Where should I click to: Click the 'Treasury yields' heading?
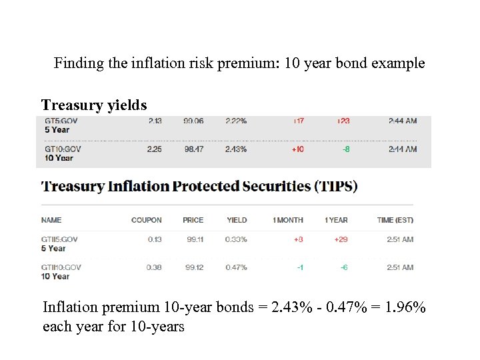[x=93, y=105]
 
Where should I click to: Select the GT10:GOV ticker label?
[x=62, y=149]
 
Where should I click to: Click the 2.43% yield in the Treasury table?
[x=235, y=149]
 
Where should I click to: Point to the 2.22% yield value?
[x=235, y=121]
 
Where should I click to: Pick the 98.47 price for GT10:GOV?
[x=194, y=149]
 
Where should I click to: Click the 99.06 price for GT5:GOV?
[x=194, y=121]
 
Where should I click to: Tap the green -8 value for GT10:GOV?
[x=345, y=149]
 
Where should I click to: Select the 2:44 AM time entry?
[x=403, y=121]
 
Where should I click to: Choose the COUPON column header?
[x=146, y=220]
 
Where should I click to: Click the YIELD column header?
[x=237, y=220]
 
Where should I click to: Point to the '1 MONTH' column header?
[x=287, y=220]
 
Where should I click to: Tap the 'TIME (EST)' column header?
[x=395, y=220]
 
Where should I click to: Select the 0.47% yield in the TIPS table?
[x=236, y=267]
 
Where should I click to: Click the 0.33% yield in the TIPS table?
[x=236, y=239]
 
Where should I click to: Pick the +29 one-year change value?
[x=341, y=239]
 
